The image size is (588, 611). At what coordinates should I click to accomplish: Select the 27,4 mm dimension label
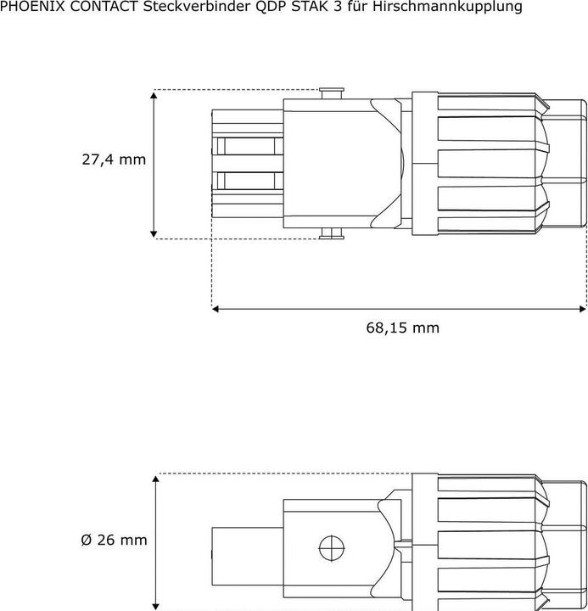click(114, 160)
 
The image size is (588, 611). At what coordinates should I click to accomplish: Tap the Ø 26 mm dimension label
click(114, 540)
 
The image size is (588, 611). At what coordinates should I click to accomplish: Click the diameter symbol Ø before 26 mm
click(86, 540)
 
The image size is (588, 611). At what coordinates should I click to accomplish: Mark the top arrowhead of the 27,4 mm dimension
click(154, 95)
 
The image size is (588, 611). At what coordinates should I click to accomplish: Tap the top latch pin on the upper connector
click(332, 92)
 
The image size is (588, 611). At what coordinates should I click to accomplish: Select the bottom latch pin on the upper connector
click(332, 234)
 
